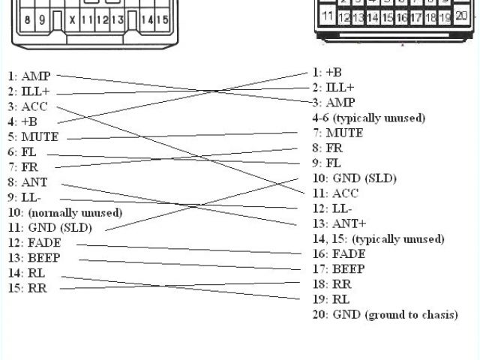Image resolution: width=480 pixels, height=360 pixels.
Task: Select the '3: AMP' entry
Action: pyautogui.click(x=334, y=103)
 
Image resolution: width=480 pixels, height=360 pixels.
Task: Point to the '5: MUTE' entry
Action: pyautogui.click(x=33, y=137)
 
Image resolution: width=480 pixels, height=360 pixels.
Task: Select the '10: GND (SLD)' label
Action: pyautogui.click(x=354, y=178)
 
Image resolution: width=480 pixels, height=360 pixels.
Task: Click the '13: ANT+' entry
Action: pyautogui.click(x=339, y=223)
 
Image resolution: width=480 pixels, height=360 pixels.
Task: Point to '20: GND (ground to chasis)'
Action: pyautogui.click(x=385, y=315)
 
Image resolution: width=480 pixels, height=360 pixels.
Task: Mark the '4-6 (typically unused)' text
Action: pyautogui.click(x=369, y=118)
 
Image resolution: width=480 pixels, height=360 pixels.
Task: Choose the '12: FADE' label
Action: pyautogui.click(x=34, y=243)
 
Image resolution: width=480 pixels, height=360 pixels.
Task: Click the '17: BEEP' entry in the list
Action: pyautogui.click(x=339, y=269)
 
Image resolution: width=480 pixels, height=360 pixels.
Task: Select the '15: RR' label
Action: pyautogui.click(x=28, y=288)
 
